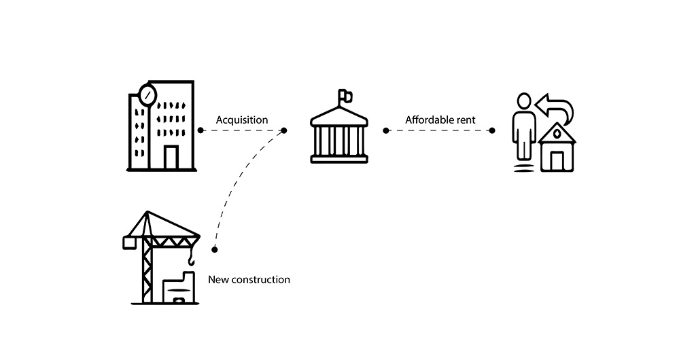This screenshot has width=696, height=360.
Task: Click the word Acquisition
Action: tap(242, 120)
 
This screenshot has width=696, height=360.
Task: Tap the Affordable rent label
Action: tap(440, 120)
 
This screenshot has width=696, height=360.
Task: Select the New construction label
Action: tap(249, 279)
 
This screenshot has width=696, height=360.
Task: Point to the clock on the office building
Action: tap(147, 93)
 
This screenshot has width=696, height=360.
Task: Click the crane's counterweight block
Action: tap(128, 242)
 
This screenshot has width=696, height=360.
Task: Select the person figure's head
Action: tap(523, 101)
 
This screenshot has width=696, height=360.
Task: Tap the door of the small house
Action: tap(557, 161)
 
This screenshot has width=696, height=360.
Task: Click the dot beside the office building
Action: tap(201, 130)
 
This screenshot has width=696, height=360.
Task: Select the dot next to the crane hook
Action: tap(215, 249)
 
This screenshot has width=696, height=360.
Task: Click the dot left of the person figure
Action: tap(492, 130)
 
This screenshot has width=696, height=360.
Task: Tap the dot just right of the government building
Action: tap(386, 130)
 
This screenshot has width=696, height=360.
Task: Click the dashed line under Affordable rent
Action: tap(439, 130)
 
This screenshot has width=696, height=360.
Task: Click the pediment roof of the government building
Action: tap(338, 118)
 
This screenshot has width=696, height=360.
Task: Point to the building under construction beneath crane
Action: tap(179, 289)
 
